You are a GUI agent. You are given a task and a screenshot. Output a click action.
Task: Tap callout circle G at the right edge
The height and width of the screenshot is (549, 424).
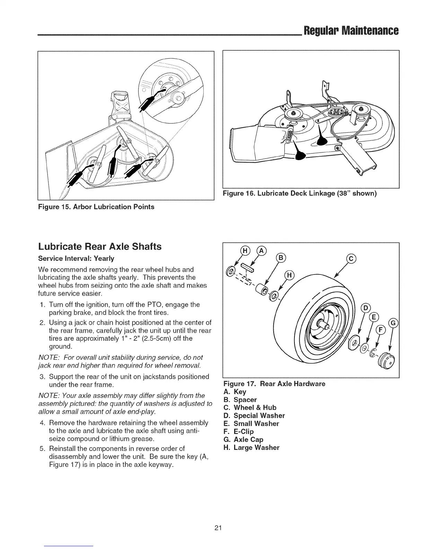pyautogui.click(x=393, y=323)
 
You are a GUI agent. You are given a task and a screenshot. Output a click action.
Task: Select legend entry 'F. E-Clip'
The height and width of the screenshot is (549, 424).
pyautogui.click(x=239, y=432)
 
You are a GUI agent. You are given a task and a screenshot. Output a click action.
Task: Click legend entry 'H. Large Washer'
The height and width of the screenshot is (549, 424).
pyautogui.click(x=251, y=447)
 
